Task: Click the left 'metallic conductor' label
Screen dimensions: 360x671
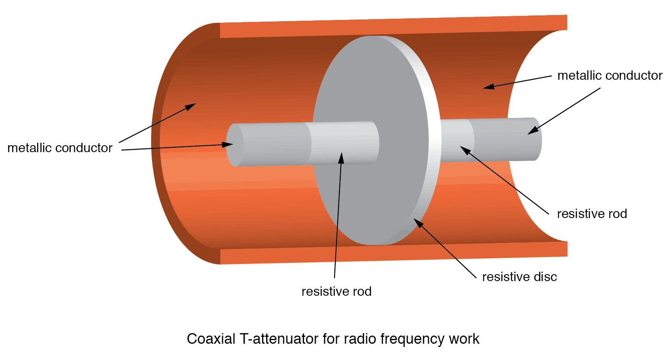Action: click(x=60, y=148)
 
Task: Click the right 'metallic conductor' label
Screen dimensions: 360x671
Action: click(x=610, y=76)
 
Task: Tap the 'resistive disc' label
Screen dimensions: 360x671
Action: click(x=519, y=277)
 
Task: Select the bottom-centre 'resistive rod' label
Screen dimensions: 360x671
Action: click(x=337, y=292)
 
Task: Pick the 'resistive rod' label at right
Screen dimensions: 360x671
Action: click(x=592, y=214)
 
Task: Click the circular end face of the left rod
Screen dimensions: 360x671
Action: click(x=234, y=145)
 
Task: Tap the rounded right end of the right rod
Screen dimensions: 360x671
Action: click(x=537, y=139)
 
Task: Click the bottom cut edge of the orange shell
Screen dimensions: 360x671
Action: click(x=391, y=253)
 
